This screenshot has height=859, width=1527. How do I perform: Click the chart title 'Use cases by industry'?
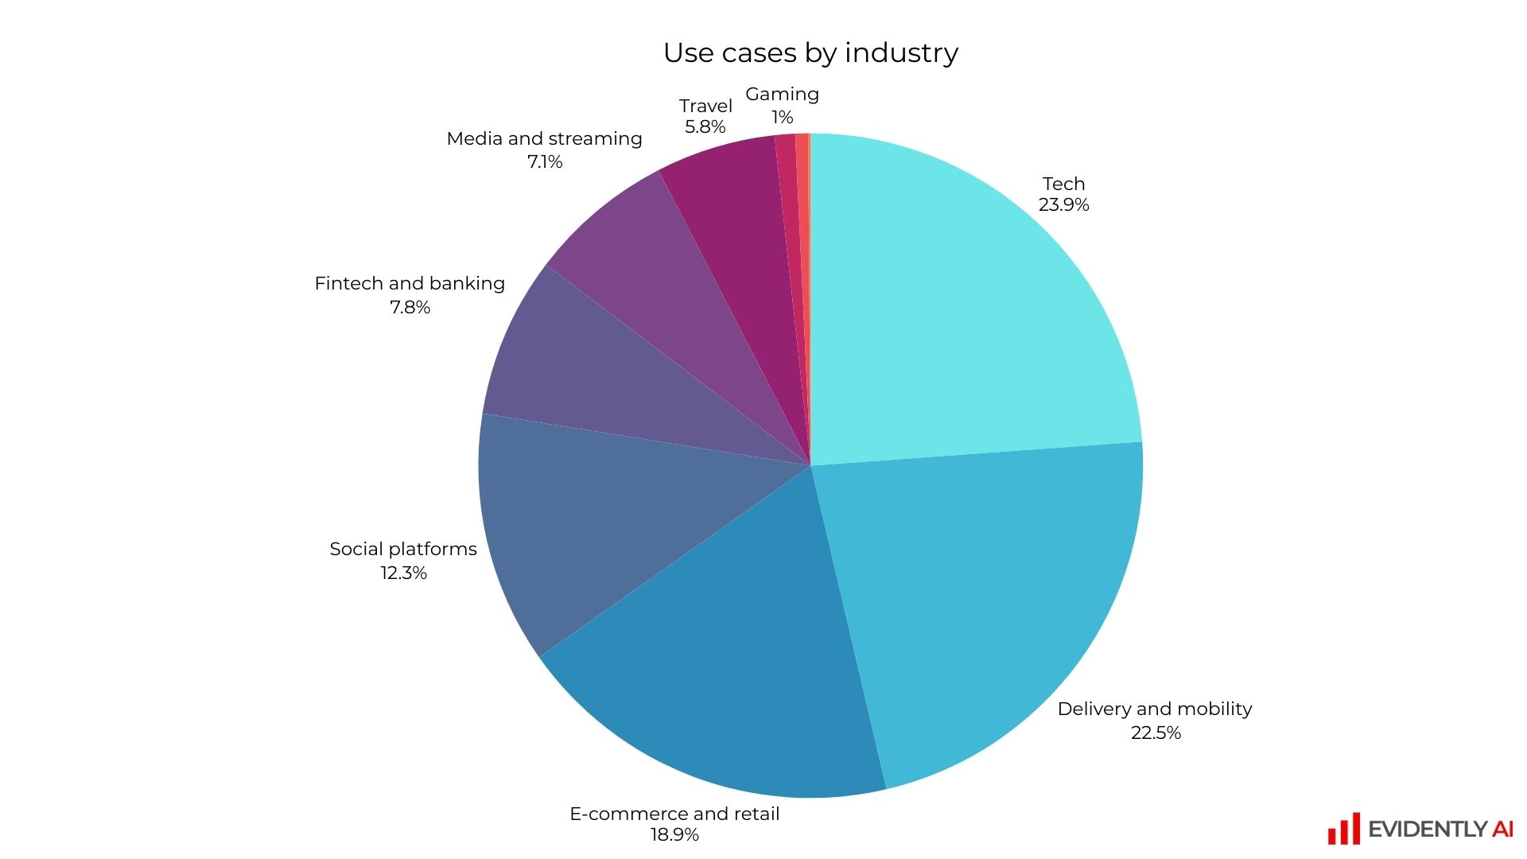click(810, 52)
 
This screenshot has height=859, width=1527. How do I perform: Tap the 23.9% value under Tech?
click(1063, 205)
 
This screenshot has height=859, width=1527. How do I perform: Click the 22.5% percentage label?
click(1156, 733)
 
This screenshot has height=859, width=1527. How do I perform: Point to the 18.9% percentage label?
click(674, 835)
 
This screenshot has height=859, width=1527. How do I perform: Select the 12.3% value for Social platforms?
click(403, 573)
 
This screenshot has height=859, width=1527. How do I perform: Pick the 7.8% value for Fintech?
click(410, 308)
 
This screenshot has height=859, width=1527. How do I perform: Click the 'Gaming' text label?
click(782, 95)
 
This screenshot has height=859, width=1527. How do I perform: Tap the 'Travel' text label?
click(705, 107)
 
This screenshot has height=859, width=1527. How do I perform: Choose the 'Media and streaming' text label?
click(544, 139)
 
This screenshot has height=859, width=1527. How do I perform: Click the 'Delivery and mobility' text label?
click(1155, 709)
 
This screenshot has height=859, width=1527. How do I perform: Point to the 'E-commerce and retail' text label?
click(674, 814)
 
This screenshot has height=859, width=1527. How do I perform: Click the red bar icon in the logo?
click(1343, 830)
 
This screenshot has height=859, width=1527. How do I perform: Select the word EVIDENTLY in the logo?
click(1428, 830)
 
